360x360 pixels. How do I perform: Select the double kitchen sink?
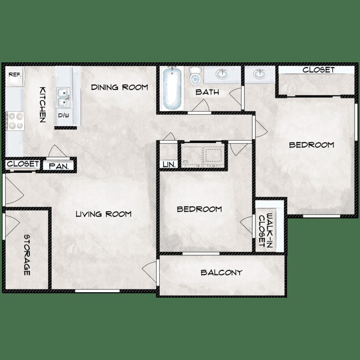coord(63,97)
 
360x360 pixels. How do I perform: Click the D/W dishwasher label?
coord(63,116)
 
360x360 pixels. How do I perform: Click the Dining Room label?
coord(120,87)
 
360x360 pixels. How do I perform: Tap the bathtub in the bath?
coord(171,88)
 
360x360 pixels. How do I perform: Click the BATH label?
coord(207,92)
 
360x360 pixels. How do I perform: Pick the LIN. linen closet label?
coord(169,164)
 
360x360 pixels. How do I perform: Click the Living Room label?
coord(103,214)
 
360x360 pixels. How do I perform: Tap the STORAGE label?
coord(27,254)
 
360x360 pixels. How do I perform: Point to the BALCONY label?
coord(221,273)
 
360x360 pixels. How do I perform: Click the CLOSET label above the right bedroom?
coord(318,70)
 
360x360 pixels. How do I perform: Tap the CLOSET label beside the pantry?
coord(23,164)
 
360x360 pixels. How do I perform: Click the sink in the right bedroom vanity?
coord(260,74)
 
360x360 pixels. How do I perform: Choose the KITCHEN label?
coord(43,105)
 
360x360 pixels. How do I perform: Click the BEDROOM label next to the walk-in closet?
coord(199,209)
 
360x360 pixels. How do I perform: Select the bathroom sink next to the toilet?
coord(222,74)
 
